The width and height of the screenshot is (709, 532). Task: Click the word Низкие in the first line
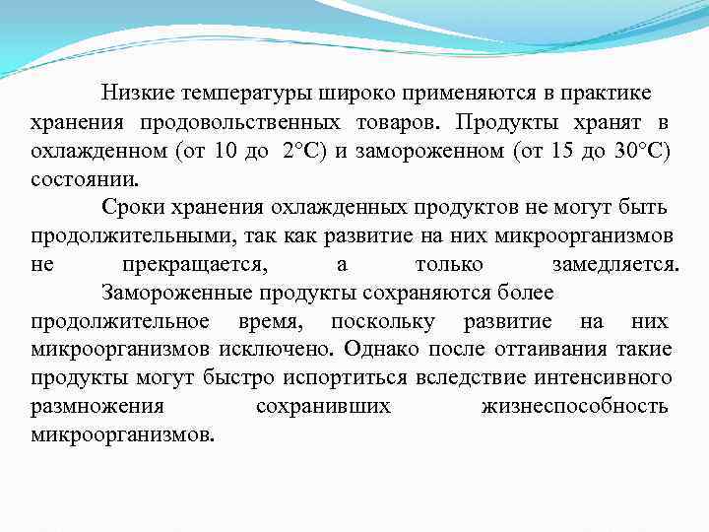135,93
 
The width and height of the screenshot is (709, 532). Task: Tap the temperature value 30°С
643,151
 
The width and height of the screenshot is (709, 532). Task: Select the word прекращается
193,266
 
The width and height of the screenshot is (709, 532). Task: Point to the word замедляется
614,266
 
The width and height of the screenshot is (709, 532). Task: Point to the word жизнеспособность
575,407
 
